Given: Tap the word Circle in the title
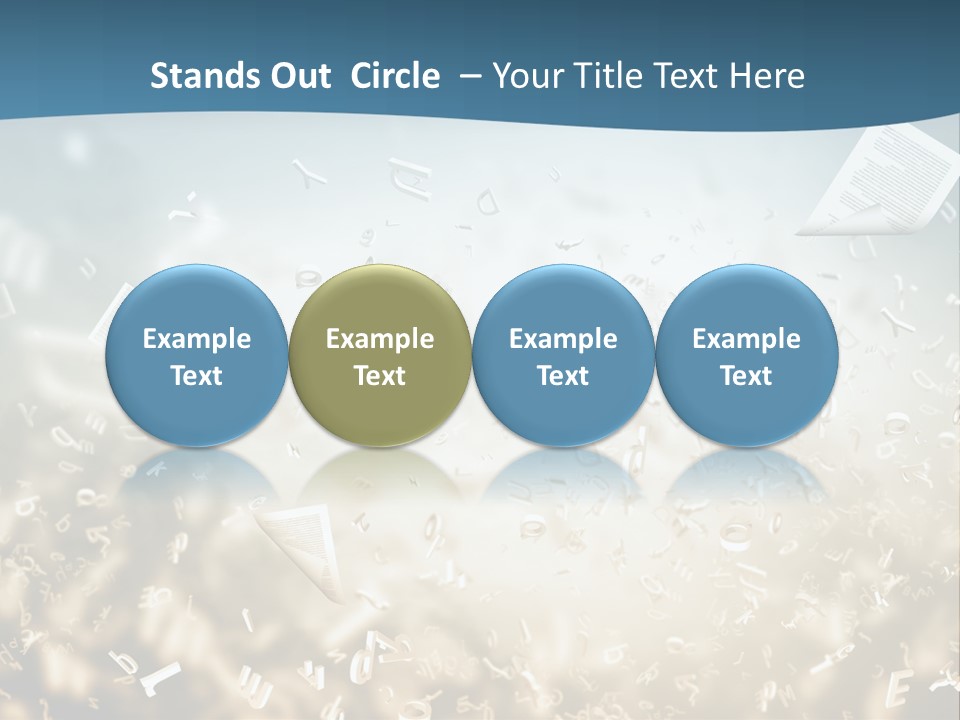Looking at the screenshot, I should click(x=395, y=76).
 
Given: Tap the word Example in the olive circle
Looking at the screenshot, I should click(x=380, y=339).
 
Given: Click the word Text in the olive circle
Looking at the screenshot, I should click(x=380, y=376).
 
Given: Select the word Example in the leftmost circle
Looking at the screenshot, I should click(x=197, y=339).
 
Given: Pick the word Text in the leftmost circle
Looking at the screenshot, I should click(x=197, y=376).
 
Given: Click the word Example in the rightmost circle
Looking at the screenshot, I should click(x=746, y=339).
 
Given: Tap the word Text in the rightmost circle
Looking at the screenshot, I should click(x=746, y=376).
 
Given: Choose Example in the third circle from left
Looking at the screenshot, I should click(x=563, y=339).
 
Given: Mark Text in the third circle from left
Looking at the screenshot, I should click(x=563, y=376).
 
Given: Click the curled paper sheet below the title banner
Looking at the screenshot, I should click(x=880, y=180).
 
